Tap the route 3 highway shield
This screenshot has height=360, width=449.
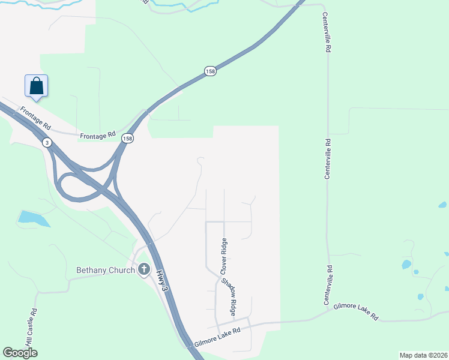tap(47, 142)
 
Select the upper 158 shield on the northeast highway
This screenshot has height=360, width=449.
tap(209, 71)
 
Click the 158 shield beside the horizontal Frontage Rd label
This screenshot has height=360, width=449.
tap(127, 138)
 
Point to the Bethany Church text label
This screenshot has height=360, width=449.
tap(106, 270)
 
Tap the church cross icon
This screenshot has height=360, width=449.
tap(143, 269)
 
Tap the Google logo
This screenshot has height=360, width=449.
tap(20, 353)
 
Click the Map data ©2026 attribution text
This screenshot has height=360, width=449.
tap(423, 355)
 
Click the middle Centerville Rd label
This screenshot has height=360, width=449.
tap(328, 159)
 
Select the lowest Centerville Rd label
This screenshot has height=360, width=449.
tap(329, 285)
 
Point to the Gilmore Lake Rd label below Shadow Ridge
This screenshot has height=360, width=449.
tap(217, 338)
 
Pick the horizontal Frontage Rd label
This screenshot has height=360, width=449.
tap(98, 135)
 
